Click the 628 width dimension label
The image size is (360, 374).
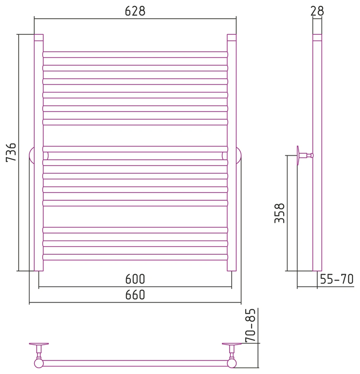pos(135,11)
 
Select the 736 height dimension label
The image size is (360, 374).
pos(11,152)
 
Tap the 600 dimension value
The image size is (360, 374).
pos(135,279)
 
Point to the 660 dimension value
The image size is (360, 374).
pos(135,295)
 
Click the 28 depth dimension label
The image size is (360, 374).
pos(317,11)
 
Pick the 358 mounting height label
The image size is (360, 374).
pos(279,213)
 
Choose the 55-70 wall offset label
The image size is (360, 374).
pos(336,279)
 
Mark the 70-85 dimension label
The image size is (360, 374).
pos(251,325)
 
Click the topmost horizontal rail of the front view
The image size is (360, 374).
pos(135,54)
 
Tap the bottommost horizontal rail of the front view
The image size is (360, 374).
pos(135,257)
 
